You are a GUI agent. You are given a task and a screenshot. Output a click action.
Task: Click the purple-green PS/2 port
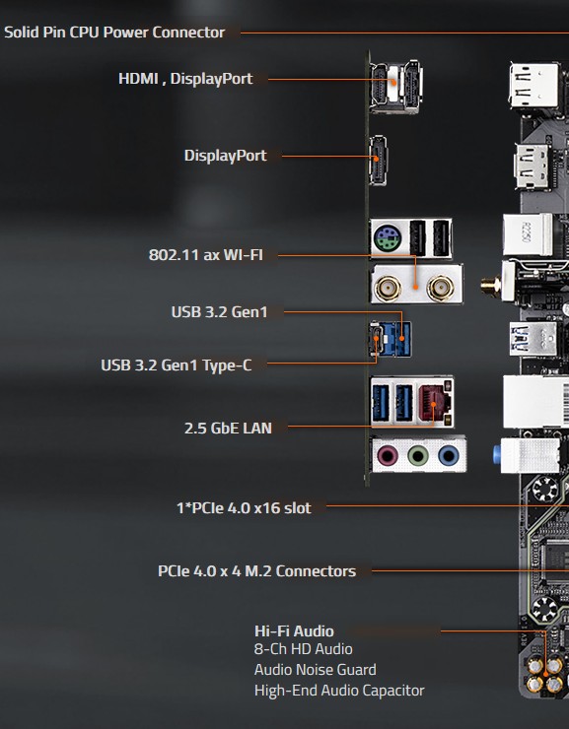388,237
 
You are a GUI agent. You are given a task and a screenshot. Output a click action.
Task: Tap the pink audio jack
388,455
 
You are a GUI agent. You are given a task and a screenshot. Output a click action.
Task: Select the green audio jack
418,455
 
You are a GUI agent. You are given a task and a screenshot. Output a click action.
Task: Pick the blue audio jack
449,455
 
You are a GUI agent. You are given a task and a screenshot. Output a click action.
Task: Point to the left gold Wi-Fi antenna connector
388,289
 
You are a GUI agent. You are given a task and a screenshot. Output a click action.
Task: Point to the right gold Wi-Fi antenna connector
440,289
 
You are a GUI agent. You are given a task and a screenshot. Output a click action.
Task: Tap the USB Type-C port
376,339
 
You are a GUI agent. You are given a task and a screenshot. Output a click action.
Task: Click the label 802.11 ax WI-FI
206,255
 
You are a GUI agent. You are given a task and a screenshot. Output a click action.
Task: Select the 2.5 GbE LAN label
228,428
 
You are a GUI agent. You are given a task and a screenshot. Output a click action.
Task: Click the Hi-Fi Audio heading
294,630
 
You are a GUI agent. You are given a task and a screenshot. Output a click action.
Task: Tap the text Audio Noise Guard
315,670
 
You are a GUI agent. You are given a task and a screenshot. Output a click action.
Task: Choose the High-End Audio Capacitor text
339,691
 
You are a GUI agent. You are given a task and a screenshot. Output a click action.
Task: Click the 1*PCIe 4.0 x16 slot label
244,507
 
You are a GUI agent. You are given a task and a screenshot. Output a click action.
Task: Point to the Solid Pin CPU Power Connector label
114,33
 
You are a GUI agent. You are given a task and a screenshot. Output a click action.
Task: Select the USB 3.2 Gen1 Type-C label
177,364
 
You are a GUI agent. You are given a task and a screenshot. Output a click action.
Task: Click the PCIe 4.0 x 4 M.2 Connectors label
256,571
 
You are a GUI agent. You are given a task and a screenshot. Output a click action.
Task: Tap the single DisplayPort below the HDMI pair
379,160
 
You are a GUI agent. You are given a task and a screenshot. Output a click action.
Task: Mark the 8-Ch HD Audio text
304,649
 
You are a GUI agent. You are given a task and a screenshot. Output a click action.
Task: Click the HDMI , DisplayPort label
185,79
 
